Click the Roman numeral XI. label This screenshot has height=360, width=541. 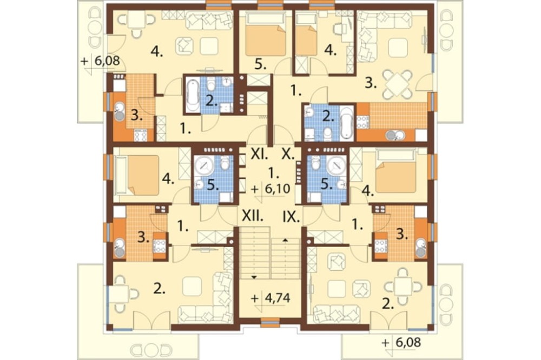259,155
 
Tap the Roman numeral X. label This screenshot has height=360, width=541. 288,155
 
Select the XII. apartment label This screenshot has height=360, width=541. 252,216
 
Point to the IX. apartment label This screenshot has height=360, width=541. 291,217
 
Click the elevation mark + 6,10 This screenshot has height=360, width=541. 270,189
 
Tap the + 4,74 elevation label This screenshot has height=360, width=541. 270,298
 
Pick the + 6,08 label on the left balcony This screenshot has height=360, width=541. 100,61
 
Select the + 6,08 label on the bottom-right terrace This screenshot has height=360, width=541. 401,343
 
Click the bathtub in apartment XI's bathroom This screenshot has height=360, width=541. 193,95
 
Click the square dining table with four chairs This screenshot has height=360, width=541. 399,84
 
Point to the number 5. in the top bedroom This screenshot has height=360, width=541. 261,64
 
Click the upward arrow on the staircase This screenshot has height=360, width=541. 285,239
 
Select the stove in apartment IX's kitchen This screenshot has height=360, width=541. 381,245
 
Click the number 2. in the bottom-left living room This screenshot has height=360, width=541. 160,290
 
